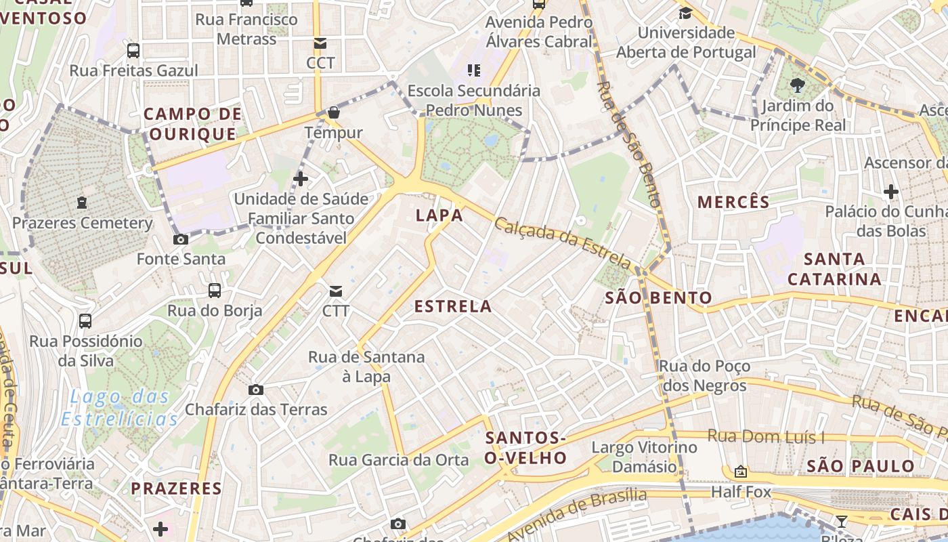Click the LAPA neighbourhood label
click(x=439, y=215)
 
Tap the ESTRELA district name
click(x=453, y=306)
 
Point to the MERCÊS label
click(x=733, y=202)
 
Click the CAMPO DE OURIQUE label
click(x=193, y=123)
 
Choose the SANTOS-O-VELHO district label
click(x=526, y=448)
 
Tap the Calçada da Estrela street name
click(x=563, y=243)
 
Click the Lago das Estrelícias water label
click(x=120, y=408)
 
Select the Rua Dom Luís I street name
click(x=767, y=436)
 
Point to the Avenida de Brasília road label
click(x=576, y=514)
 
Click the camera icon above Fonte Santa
click(x=181, y=239)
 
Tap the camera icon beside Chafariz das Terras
click(x=255, y=390)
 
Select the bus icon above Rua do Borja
click(x=215, y=291)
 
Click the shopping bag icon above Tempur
click(x=333, y=112)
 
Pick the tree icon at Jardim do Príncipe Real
click(x=797, y=85)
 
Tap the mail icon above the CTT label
click(x=335, y=291)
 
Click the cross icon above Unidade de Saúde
click(x=301, y=179)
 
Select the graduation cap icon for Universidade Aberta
click(x=685, y=13)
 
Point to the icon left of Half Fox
click(x=741, y=472)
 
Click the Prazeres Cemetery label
click(x=83, y=223)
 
